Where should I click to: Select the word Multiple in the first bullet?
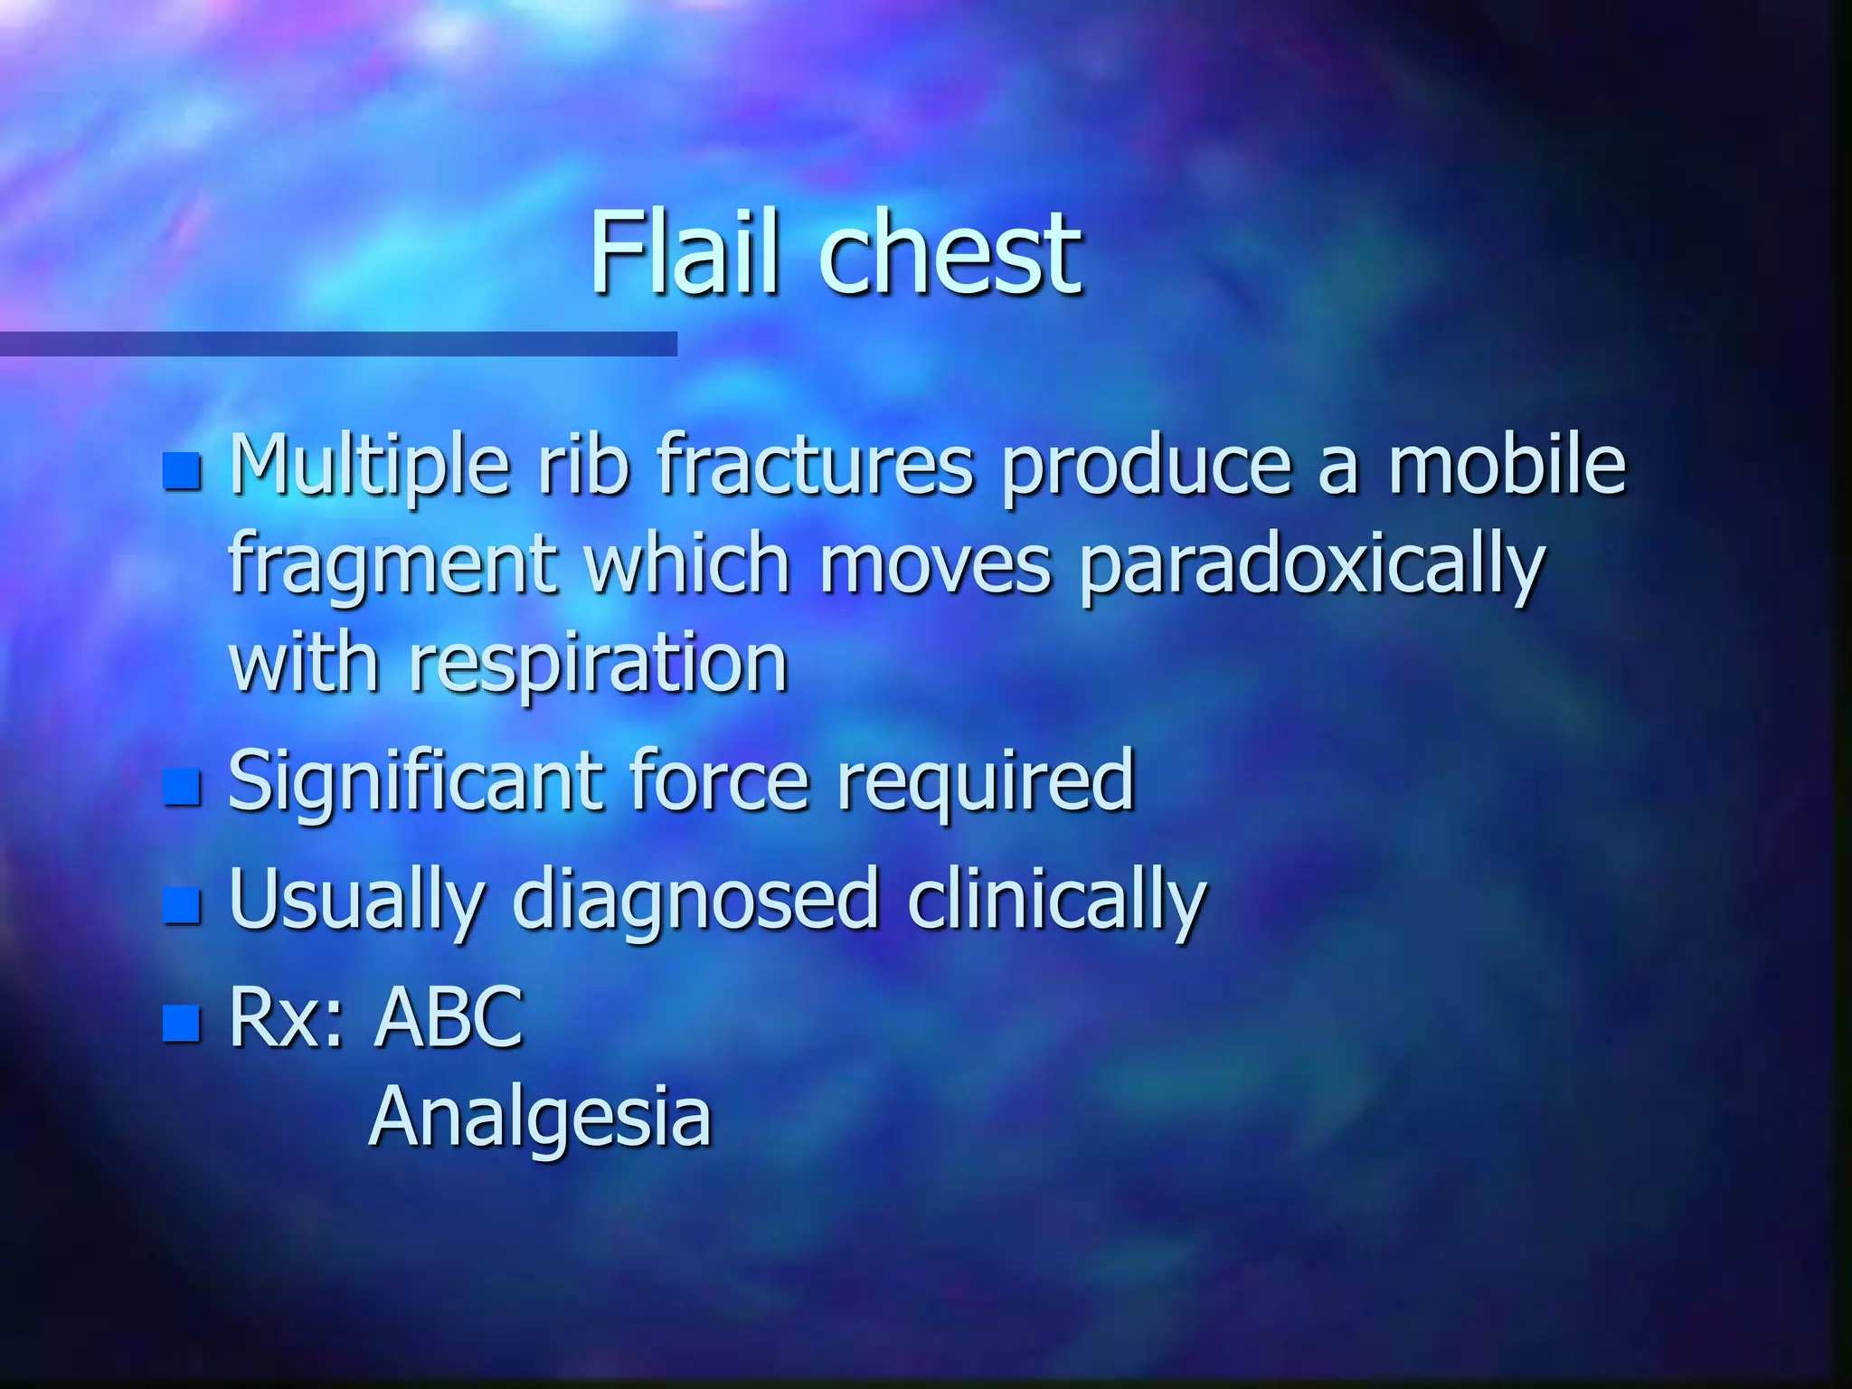pyautogui.click(x=370, y=465)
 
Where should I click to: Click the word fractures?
pyautogui.click(x=816, y=465)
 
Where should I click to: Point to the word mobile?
pyautogui.click(x=1507, y=465)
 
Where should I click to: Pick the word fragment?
pyautogui.click(x=392, y=564)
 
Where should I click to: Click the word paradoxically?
pyautogui.click(x=1312, y=564)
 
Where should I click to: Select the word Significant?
pyautogui.click(x=413, y=780)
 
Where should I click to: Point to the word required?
pyautogui.click(x=985, y=780)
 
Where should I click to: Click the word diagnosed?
pyautogui.click(x=695, y=899)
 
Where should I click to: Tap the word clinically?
pyautogui.click(x=1056, y=899)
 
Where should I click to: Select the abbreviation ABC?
pyautogui.click(x=449, y=1016)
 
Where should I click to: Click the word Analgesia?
pyautogui.click(x=541, y=1118)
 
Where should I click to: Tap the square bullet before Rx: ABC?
pyautogui.click(x=182, y=1023)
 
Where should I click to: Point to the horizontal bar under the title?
pyautogui.click(x=338, y=344)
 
